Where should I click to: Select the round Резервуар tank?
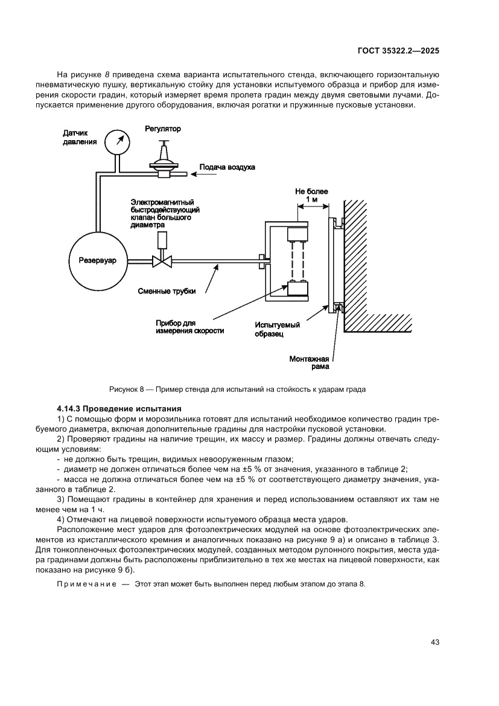click(97, 261)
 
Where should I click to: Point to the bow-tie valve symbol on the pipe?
click(162, 261)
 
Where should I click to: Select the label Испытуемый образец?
click(277, 329)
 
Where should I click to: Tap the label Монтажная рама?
click(308, 362)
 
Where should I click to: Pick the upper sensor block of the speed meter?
click(298, 233)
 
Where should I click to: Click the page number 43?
click(434, 642)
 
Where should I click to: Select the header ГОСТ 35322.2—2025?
click(398, 51)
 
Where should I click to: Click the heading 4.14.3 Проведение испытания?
click(115, 409)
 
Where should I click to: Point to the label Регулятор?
click(163, 129)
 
